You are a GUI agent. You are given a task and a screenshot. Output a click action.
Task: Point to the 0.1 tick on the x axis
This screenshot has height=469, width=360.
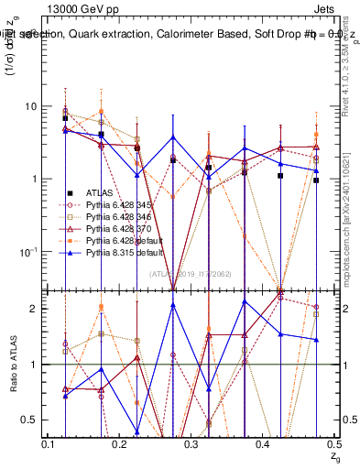(x=49, y=444)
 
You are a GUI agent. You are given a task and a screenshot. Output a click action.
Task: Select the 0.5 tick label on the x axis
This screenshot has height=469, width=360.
(x=334, y=444)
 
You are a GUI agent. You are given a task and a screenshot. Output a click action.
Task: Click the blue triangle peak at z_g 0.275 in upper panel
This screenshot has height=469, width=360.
(x=173, y=137)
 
